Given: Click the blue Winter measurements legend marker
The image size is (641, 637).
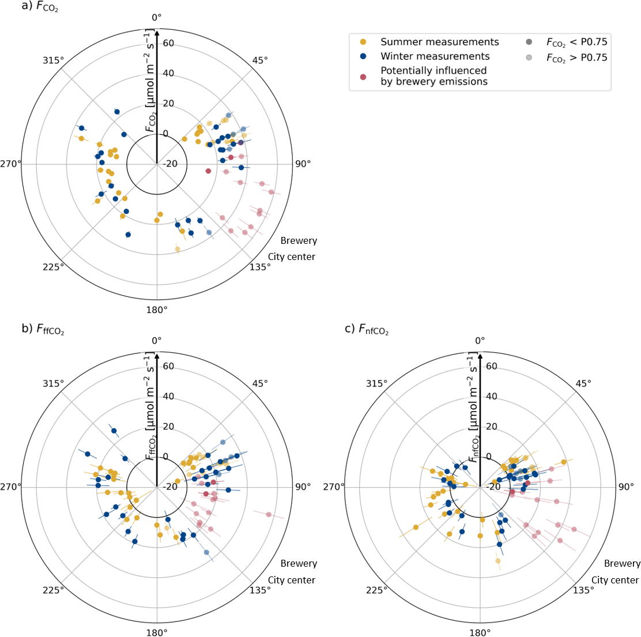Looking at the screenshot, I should [363, 56].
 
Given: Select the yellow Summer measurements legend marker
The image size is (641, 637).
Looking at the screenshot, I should [363, 42].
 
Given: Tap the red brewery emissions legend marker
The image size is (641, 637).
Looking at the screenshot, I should [363, 76].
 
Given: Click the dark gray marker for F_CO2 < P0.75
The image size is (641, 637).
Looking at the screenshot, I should [529, 42].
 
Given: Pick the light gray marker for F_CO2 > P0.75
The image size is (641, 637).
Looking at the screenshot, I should [529, 58].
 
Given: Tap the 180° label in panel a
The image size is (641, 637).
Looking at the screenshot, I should [157, 310].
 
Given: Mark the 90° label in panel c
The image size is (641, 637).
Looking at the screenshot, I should [625, 487].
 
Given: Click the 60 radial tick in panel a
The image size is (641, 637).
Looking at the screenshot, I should [169, 43].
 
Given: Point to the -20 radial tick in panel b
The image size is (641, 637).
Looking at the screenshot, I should [169, 487].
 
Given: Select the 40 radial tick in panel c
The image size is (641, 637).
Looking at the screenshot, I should [492, 397].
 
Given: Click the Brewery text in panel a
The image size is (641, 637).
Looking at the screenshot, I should [299, 240].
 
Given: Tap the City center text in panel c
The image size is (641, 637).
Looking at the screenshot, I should [615, 580].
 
